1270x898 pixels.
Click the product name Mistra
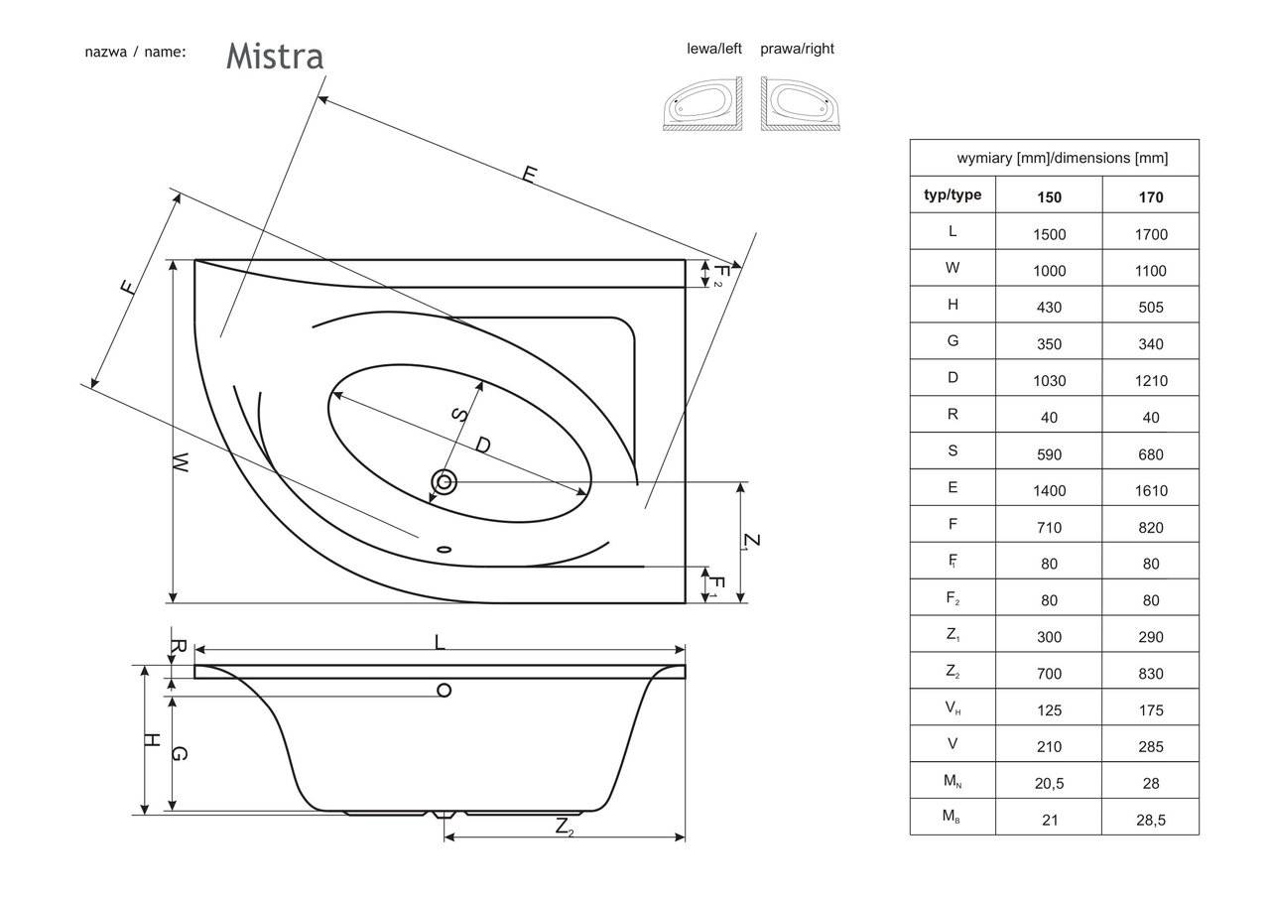coord(275,57)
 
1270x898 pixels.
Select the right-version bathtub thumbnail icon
coord(802,104)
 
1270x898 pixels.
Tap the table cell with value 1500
coord(1049,234)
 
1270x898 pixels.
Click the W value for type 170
coord(1151,271)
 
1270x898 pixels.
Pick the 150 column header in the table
coord(1049,196)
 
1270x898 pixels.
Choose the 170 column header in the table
coord(1151,196)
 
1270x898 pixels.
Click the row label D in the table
coord(952,380)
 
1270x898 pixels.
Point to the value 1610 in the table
coord(1151,490)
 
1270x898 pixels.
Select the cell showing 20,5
coord(1049,783)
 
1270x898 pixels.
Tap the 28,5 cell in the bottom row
coord(1151,820)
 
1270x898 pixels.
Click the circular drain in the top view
coord(444,483)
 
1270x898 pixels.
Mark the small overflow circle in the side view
coord(444,690)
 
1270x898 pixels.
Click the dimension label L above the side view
coord(440,641)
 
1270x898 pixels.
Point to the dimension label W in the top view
coord(180,462)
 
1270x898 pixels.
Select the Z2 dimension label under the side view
coord(564,826)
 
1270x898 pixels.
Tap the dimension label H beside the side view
coord(152,740)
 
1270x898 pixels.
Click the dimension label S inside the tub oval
coord(459,415)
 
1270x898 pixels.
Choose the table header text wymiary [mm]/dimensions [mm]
coord(1055,158)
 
